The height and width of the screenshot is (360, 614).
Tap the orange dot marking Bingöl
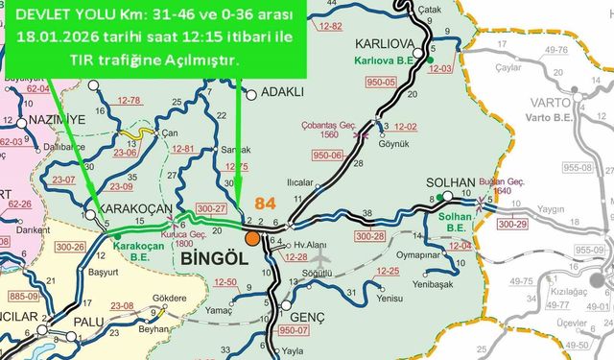[x=251, y=238]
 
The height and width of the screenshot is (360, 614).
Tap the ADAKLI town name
[x=282, y=93]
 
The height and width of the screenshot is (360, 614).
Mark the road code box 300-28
[x=369, y=235]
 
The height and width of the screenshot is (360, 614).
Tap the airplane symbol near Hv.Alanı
[x=321, y=258]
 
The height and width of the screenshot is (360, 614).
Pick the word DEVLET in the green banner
[x=35, y=16]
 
